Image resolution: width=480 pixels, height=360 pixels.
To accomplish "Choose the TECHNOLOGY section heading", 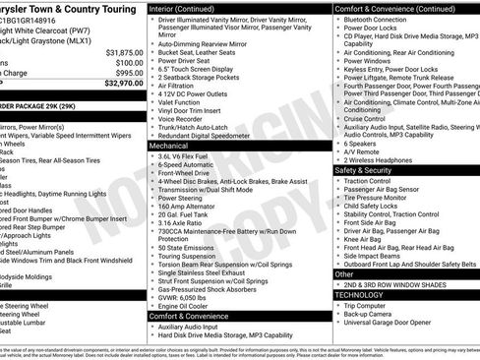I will pos(359,294).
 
